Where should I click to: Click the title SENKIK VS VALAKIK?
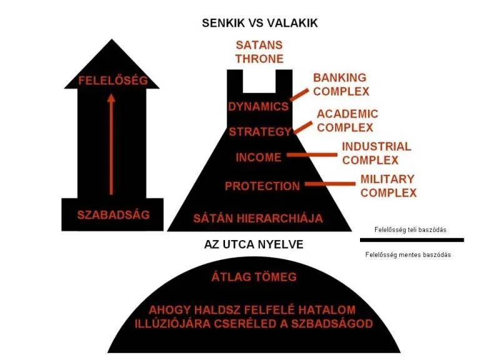(259, 23)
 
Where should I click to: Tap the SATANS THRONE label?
(259, 52)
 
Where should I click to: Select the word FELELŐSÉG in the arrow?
(113, 81)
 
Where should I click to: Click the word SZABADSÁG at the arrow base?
(113, 214)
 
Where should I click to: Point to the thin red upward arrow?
(111, 144)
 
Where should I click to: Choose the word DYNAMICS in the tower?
(258, 106)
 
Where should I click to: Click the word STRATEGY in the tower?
(259, 132)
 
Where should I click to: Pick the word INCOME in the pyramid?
(258, 157)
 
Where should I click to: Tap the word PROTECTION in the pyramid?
(262, 186)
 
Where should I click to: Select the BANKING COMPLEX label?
(341, 84)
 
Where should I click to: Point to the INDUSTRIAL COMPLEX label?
(376, 153)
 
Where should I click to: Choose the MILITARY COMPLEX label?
(387, 186)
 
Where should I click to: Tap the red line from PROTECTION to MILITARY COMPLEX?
(327, 184)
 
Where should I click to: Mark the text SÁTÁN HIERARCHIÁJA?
(258, 218)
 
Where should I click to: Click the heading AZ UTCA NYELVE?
(254, 244)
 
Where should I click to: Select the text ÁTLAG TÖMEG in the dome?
(253, 277)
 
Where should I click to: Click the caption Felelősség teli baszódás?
(409, 230)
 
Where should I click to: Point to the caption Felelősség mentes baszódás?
(408, 254)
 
